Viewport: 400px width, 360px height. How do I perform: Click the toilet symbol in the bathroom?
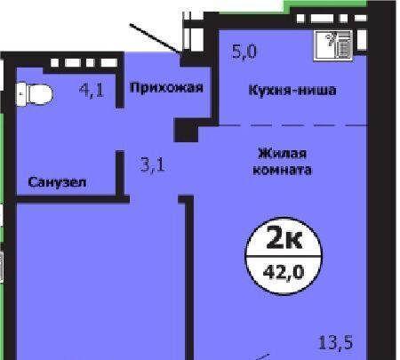34,94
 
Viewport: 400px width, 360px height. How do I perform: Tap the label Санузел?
57,182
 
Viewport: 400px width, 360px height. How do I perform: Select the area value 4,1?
92,90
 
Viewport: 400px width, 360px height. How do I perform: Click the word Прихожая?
166,88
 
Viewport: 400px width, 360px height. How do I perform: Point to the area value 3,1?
153,164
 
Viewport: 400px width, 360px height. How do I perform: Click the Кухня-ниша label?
292,90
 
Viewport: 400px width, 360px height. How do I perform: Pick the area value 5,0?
244,52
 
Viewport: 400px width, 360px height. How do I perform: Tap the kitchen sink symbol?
333,45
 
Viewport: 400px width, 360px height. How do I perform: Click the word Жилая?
283,154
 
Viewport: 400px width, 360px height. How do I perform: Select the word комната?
282,170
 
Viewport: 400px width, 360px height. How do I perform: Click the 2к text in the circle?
284,237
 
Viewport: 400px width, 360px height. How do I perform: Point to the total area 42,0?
284,272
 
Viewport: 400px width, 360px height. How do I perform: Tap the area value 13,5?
336,342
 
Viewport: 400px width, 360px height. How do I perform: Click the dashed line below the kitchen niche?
292,125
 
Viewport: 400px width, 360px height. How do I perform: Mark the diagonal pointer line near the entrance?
155,38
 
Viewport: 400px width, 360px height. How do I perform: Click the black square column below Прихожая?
186,130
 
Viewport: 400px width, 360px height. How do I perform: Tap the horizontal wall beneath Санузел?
72,199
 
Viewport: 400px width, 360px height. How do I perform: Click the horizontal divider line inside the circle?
284,257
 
